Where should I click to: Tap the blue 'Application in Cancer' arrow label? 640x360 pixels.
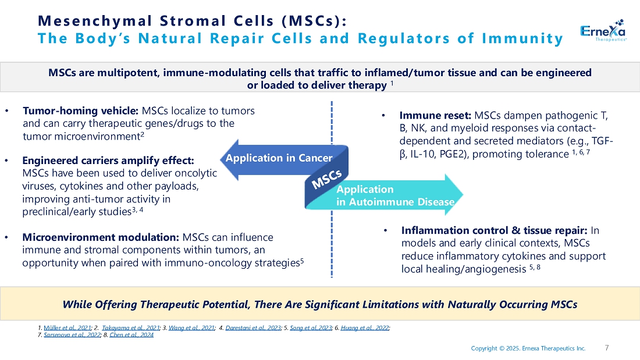click(x=279, y=158)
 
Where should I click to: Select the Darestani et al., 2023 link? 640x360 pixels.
click(x=251, y=329)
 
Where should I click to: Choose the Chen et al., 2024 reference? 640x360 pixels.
click(x=132, y=336)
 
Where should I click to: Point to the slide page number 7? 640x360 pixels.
click(x=607, y=348)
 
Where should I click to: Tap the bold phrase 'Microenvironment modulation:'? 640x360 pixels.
click(x=100, y=237)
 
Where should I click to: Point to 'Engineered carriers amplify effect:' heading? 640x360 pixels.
click(x=108, y=161)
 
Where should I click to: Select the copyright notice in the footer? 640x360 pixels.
click(x=528, y=348)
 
